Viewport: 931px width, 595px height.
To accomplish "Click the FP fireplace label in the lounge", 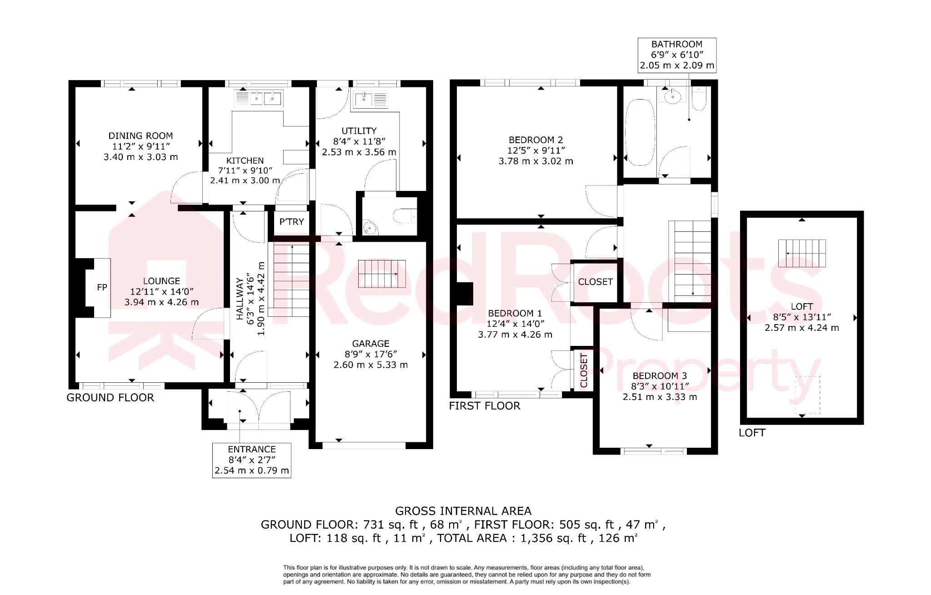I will (x=102, y=287).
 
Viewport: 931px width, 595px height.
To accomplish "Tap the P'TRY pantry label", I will (x=291, y=222).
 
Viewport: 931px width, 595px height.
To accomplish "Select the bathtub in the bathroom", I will (x=640, y=132).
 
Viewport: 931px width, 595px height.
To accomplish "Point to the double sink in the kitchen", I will (x=258, y=98).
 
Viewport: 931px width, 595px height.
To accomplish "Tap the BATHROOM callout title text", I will (x=676, y=44).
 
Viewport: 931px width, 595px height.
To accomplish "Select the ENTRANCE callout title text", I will (x=251, y=449).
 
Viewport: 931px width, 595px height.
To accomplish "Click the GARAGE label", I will (x=370, y=344).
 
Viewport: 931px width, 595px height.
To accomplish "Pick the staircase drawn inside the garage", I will (x=381, y=274).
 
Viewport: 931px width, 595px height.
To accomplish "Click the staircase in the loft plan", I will (x=801, y=253).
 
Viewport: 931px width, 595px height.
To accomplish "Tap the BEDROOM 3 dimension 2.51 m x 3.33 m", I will (x=659, y=397).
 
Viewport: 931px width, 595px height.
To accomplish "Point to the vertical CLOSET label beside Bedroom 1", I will (x=584, y=370).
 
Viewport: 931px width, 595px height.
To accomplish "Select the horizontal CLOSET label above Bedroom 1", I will (x=595, y=282).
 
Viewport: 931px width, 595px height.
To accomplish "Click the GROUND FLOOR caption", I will (x=110, y=398).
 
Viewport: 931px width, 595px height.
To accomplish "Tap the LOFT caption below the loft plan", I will (x=752, y=433).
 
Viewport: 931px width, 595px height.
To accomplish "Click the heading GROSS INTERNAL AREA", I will (x=463, y=511).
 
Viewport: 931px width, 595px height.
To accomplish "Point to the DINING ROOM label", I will (x=140, y=135).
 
